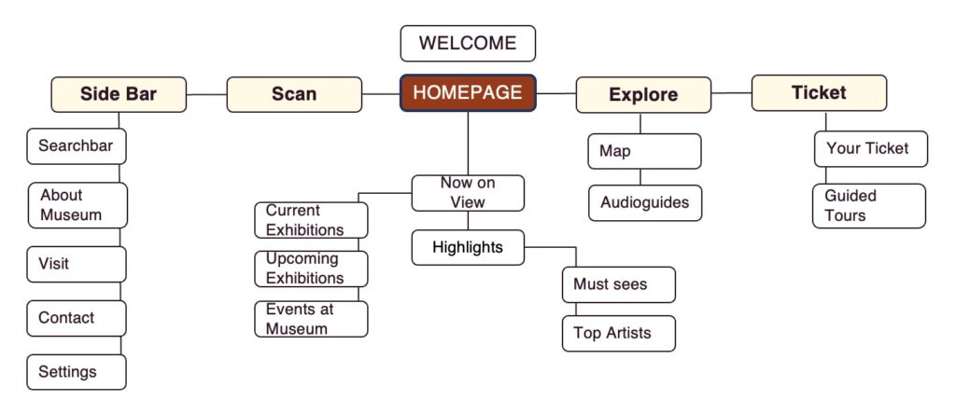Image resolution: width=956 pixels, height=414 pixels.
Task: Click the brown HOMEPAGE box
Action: [x=468, y=93]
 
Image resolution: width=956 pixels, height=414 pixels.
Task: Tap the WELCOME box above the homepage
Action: [x=468, y=44]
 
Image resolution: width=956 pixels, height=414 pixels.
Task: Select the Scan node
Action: [x=294, y=94]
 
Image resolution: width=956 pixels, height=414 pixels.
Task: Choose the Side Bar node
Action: [x=119, y=94]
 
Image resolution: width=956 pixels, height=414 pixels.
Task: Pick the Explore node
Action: [x=643, y=95]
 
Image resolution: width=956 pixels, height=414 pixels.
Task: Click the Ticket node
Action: [x=819, y=93]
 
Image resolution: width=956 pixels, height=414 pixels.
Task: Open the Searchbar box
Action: [x=76, y=146]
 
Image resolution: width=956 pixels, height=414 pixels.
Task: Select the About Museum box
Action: [x=77, y=205]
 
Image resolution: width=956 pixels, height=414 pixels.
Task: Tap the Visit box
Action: [x=76, y=264]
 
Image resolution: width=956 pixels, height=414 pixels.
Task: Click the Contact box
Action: [x=76, y=318]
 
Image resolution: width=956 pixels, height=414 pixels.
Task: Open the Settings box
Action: [x=76, y=372]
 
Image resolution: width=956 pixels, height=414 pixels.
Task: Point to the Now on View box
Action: [x=468, y=193]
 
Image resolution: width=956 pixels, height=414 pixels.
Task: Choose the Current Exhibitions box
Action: [x=311, y=220]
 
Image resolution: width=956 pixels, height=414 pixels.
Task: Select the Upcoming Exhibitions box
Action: [x=311, y=269]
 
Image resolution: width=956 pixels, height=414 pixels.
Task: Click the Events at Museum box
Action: [x=311, y=319]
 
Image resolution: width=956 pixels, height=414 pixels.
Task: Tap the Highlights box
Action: [x=468, y=248]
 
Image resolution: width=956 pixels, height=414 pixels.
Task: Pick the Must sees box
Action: [x=618, y=284]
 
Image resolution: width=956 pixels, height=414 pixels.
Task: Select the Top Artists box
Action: [x=618, y=333]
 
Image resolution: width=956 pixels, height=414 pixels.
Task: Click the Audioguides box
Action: [x=644, y=202]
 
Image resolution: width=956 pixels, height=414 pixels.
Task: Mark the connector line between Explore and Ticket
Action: [x=731, y=93]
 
